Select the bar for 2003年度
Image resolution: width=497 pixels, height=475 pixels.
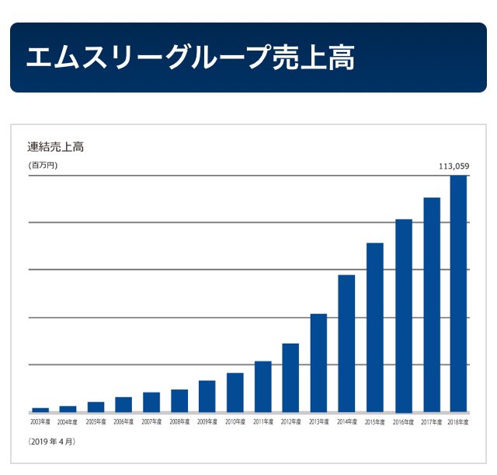pos(40,410)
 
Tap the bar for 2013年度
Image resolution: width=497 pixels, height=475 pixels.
pos(318,363)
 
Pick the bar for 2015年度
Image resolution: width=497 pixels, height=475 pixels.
pos(374,327)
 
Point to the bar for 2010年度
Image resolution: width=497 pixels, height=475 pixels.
pos(235,393)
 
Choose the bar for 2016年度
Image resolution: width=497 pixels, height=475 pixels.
pos(403,316)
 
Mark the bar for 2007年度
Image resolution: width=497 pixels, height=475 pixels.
pos(151,402)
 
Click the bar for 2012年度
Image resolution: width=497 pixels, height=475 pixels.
pos(290,378)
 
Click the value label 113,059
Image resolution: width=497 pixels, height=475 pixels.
pos(454,166)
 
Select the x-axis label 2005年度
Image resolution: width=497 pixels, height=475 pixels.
pos(96,422)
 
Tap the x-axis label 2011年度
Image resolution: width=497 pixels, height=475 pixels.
pos(263,422)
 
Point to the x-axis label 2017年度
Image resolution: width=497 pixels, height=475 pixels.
pos(431,422)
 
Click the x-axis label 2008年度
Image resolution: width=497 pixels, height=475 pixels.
pos(179,422)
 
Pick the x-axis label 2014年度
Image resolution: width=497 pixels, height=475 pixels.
pos(347,422)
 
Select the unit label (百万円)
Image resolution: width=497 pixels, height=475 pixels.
pos(43,166)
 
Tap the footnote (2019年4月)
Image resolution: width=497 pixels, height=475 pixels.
pos(52,442)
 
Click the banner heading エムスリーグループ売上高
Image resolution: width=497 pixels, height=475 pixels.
pos(190,58)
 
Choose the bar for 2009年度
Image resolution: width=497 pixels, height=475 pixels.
pos(207,396)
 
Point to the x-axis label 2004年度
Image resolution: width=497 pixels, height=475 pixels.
pos(68,422)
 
